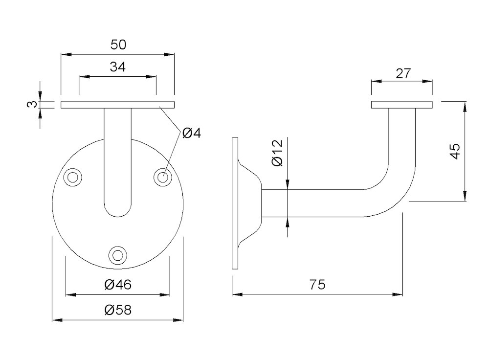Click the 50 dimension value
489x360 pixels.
pyautogui.click(x=118, y=45)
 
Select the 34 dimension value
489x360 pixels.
pyautogui.click(x=117, y=67)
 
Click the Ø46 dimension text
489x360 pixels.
pyautogui.click(x=118, y=285)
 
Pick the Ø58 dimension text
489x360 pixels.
pyautogui.click(x=118, y=310)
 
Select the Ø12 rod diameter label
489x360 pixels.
pyautogui.click(x=277, y=153)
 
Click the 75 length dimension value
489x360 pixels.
pyautogui.click(x=317, y=285)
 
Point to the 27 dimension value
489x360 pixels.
pyautogui.click(x=403, y=74)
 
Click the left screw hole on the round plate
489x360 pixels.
pyautogui.click(x=74, y=177)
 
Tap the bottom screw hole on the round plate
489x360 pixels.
pyautogui.click(x=117, y=255)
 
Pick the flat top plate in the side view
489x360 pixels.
pyautogui.click(x=402, y=104)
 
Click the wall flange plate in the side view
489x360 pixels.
pyautogui.click(x=235, y=203)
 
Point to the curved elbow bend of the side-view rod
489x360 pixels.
pyautogui.click(x=396, y=196)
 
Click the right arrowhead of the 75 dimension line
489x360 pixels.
pyautogui.click(x=400, y=294)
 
